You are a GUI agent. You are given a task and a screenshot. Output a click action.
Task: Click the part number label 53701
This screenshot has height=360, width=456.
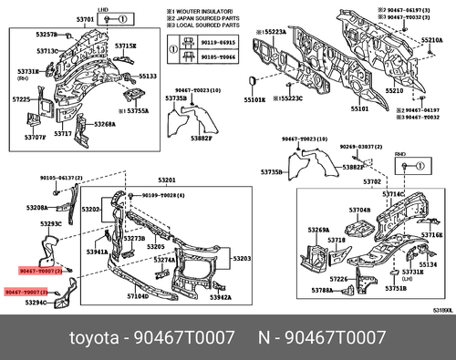(85, 18)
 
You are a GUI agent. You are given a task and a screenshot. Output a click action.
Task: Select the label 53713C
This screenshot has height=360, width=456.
(47, 51)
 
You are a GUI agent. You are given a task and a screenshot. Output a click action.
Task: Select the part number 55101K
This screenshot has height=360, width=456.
(253, 101)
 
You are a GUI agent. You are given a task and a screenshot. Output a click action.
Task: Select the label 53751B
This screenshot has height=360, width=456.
(394, 288)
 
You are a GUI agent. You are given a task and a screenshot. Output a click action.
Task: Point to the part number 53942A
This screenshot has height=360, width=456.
(219, 297)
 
